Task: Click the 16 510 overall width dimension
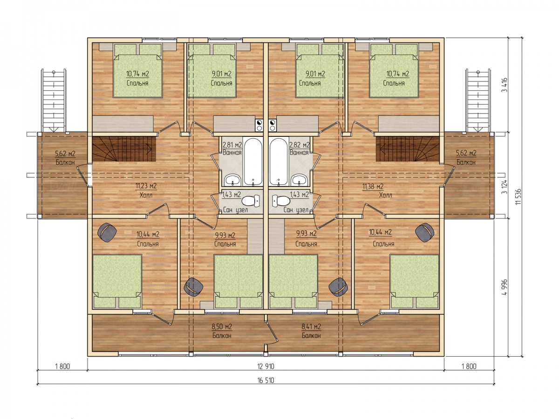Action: (266, 380)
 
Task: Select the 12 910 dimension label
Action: (266, 366)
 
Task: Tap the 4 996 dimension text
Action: (504, 287)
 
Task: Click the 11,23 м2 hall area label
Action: (146, 186)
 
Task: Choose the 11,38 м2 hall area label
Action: (373, 187)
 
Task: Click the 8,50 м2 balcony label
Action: (222, 326)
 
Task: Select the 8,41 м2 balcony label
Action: (311, 326)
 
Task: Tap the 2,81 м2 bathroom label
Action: (232, 145)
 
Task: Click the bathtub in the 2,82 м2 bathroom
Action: (279, 161)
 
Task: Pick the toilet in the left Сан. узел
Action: (251, 201)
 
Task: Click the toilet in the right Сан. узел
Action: (281, 201)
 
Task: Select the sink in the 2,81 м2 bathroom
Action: (232, 180)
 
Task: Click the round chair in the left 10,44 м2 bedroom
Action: (107, 232)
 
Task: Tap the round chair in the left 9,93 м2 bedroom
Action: (193, 287)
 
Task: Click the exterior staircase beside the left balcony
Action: (54, 101)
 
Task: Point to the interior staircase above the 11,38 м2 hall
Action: (408, 149)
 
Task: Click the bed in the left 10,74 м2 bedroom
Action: (138, 71)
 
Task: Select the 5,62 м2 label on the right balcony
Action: (466, 153)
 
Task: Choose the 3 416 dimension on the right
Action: (504, 85)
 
